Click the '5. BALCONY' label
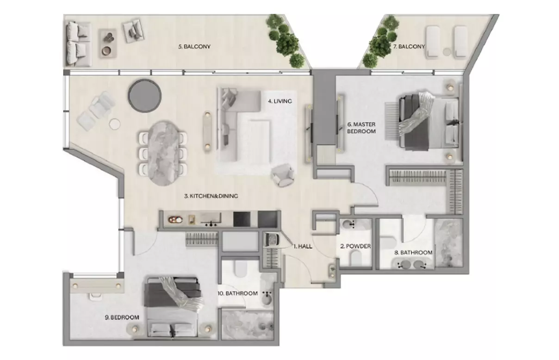pyautogui.click(x=194, y=47)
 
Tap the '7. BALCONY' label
pyautogui.click(x=409, y=47)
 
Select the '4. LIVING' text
pyautogui.click(x=280, y=101)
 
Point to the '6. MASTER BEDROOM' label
pyautogui.click(x=361, y=128)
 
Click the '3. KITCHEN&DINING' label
pyautogui.click(x=211, y=196)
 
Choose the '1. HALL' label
pyautogui.click(x=303, y=247)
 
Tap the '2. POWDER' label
pyautogui.click(x=355, y=246)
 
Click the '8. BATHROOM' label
pyautogui.click(x=413, y=253)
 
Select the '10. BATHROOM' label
pyautogui.click(x=237, y=293)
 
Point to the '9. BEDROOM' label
pyautogui.click(x=122, y=317)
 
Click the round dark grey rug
pyautogui.click(x=145, y=96)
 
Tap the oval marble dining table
pyautogui.click(x=163, y=153)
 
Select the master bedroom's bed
pyautogui.click(x=429, y=122)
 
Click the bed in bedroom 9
pyautogui.click(x=172, y=307)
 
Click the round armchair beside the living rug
pyautogui.click(x=283, y=175)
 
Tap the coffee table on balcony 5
pyautogui.click(x=108, y=43)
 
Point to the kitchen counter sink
pyautogui.click(x=211, y=219)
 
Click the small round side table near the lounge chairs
pyautogui.click(x=115, y=124)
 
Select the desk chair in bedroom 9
pyautogui.click(x=96, y=296)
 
